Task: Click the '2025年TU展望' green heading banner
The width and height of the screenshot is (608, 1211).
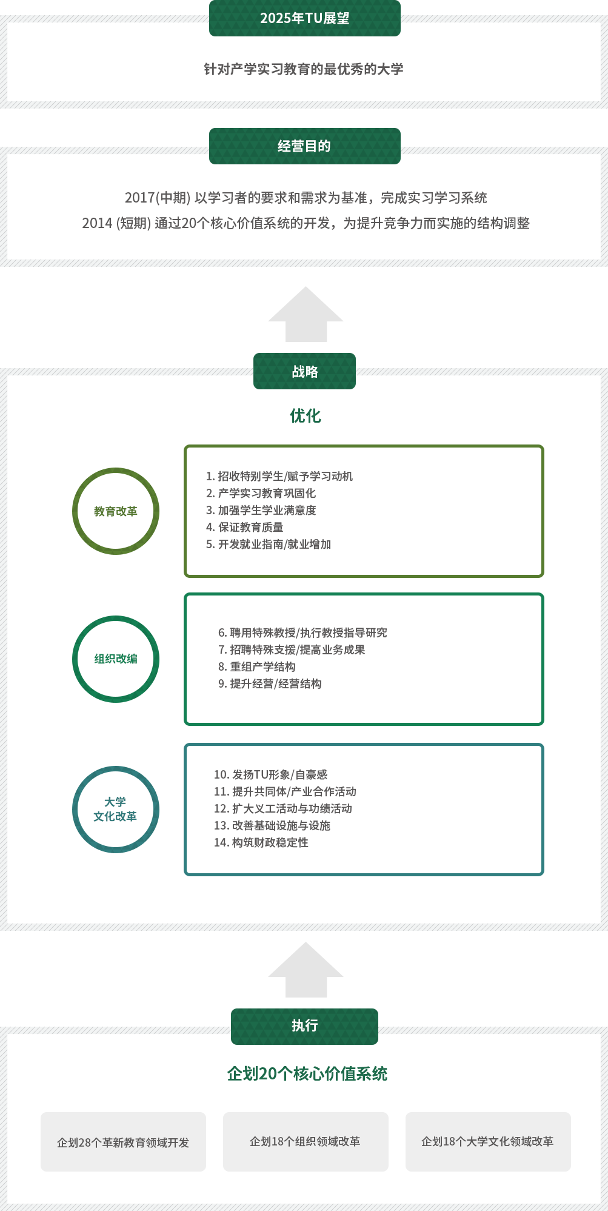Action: click(304, 18)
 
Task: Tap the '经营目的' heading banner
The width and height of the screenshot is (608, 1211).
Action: click(304, 146)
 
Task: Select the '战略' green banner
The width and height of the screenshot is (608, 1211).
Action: click(304, 371)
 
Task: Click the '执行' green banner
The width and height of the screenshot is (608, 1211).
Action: click(304, 1025)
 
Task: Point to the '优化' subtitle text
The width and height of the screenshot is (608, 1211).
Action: click(305, 415)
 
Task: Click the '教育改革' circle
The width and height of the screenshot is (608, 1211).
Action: click(116, 511)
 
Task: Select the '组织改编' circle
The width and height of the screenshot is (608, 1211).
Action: click(116, 659)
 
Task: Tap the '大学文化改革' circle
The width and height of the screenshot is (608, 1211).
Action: click(116, 809)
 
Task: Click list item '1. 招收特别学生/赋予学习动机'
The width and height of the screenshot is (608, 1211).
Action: click(279, 476)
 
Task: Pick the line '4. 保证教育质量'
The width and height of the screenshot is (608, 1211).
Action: click(244, 527)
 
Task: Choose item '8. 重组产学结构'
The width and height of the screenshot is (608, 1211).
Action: click(257, 666)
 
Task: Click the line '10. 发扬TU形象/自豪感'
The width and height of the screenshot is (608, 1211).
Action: click(270, 774)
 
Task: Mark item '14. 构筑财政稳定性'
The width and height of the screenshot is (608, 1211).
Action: click(261, 842)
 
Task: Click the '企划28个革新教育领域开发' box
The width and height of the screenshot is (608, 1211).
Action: click(123, 1142)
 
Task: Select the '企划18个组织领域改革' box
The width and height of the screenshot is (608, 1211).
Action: click(305, 1141)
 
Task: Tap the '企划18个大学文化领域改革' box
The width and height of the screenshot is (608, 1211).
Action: click(487, 1141)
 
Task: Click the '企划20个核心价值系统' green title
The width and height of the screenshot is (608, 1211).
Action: click(307, 1074)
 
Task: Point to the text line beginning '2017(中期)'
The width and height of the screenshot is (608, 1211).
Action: click(306, 198)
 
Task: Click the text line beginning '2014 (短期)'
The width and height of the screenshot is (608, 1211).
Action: click(306, 223)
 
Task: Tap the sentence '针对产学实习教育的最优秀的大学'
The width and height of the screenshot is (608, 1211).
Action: click(303, 69)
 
